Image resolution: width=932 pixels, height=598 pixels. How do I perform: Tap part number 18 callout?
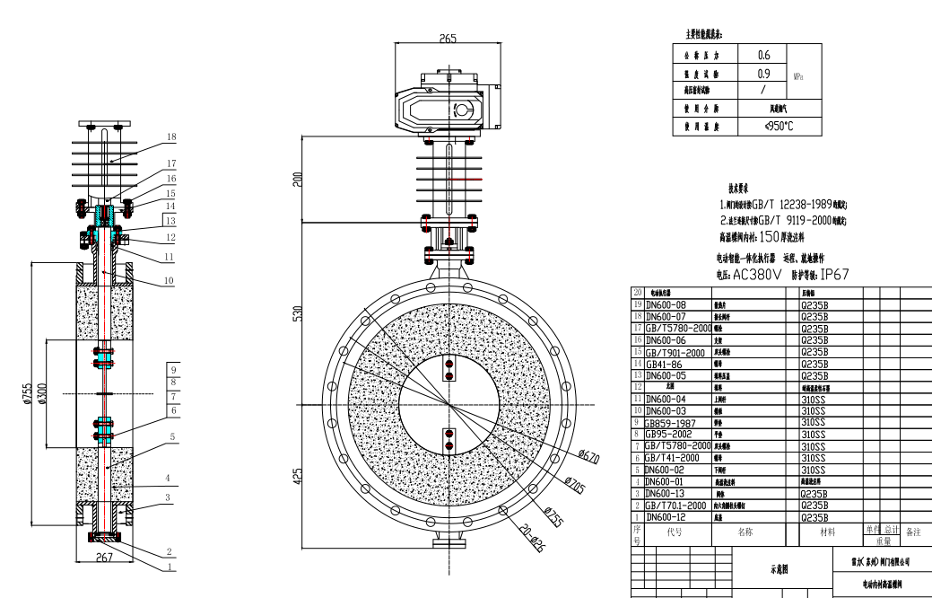coord(171,136)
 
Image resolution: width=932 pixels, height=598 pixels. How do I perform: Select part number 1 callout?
coord(171,567)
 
